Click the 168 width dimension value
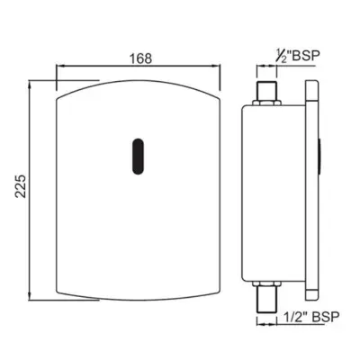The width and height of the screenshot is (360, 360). click(140, 58)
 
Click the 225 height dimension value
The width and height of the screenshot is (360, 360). click(21, 185)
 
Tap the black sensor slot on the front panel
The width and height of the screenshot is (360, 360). click(138, 157)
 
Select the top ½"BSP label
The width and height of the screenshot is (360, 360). click(297, 56)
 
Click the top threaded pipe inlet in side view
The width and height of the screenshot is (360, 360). click(266, 91)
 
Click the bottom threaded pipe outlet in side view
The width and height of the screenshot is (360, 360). click(266, 299)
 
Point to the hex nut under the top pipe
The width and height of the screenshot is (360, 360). click(266, 103)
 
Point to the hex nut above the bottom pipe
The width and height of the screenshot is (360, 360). click(266, 283)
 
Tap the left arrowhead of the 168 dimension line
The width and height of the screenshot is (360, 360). click(60, 66)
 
